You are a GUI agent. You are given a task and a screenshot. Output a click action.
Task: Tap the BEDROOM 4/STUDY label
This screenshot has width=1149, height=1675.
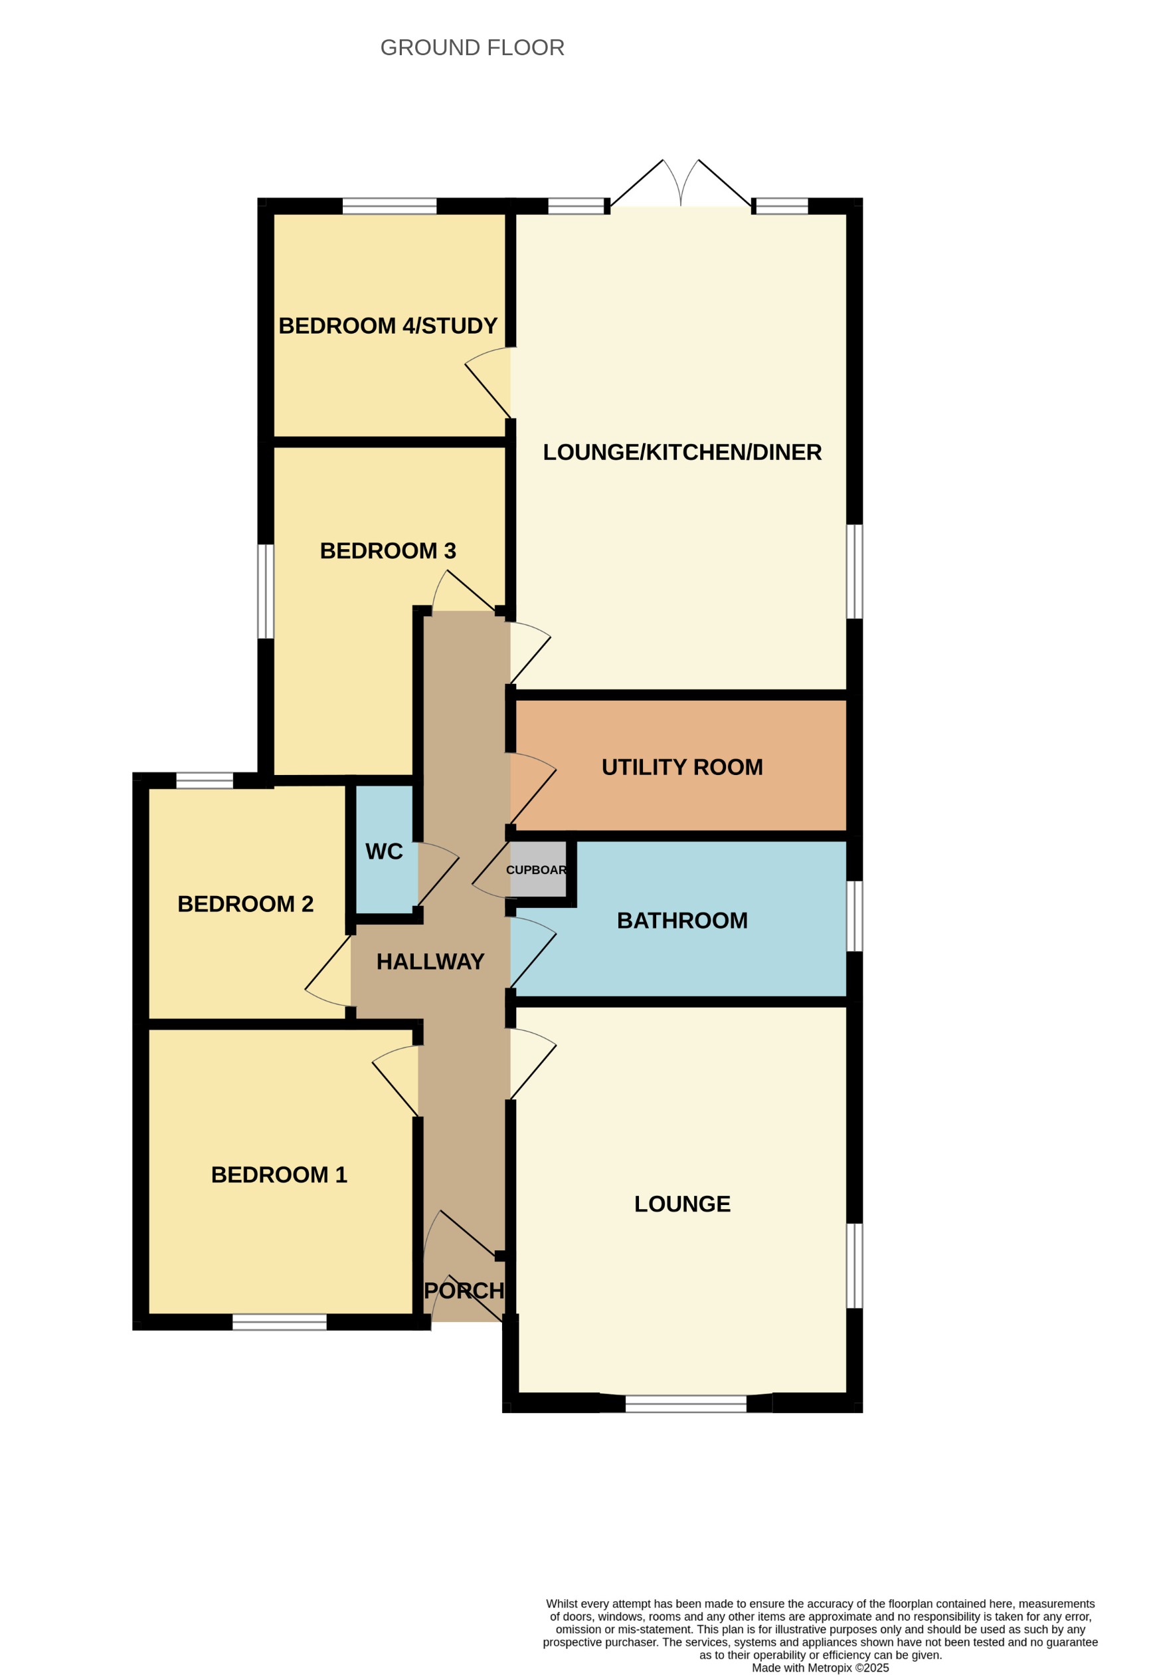(x=388, y=326)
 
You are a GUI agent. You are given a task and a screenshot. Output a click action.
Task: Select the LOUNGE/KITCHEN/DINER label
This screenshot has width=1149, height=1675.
(x=681, y=452)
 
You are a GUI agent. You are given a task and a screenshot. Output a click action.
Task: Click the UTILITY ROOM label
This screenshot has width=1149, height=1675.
(x=681, y=767)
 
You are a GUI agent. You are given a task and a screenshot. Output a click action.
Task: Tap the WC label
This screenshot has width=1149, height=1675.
(x=383, y=851)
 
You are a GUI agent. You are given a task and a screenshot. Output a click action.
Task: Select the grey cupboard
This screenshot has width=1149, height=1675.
(x=537, y=869)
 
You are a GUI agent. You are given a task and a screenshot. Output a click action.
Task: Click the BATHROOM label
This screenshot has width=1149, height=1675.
(x=681, y=921)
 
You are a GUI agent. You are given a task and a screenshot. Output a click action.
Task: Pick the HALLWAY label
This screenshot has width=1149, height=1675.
(x=430, y=962)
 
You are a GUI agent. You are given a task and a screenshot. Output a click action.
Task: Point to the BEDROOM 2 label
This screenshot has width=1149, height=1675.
(x=245, y=904)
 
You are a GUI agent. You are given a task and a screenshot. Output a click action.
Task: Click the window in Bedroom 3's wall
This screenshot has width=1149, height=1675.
(x=266, y=592)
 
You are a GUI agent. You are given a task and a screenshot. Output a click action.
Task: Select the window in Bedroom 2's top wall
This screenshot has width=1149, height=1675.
(x=205, y=780)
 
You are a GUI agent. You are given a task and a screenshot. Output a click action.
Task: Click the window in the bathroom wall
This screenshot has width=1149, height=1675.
(x=853, y=916)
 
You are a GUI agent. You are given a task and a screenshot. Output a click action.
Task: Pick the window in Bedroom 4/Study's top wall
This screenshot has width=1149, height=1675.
(x=389, y=206)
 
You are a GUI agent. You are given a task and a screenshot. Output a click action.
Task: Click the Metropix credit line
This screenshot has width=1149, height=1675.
(x=820, y=1668)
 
